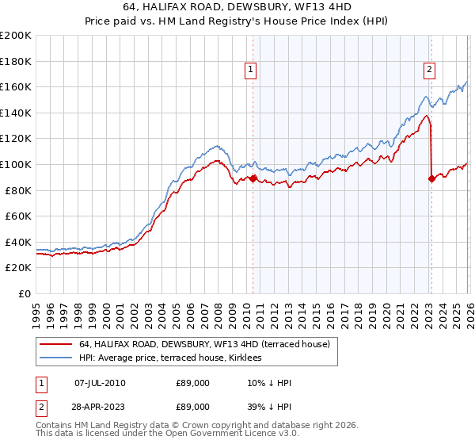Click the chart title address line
pos(237,6)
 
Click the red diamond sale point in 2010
pos(253,178)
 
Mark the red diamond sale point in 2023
pos(431,178)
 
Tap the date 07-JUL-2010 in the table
pos(101,383)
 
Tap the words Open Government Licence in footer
pos(237,434)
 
